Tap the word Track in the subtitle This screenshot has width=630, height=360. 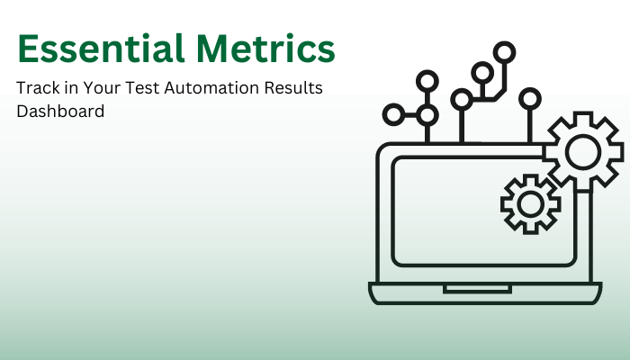(37, 88)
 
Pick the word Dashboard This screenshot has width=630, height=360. (60, 112)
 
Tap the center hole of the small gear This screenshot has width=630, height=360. (529, 203)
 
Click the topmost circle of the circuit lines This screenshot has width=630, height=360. (507, 51)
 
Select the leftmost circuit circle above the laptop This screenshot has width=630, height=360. (393, 114)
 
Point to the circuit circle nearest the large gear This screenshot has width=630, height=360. (530, 96)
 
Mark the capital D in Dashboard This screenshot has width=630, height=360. (22, 112)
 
